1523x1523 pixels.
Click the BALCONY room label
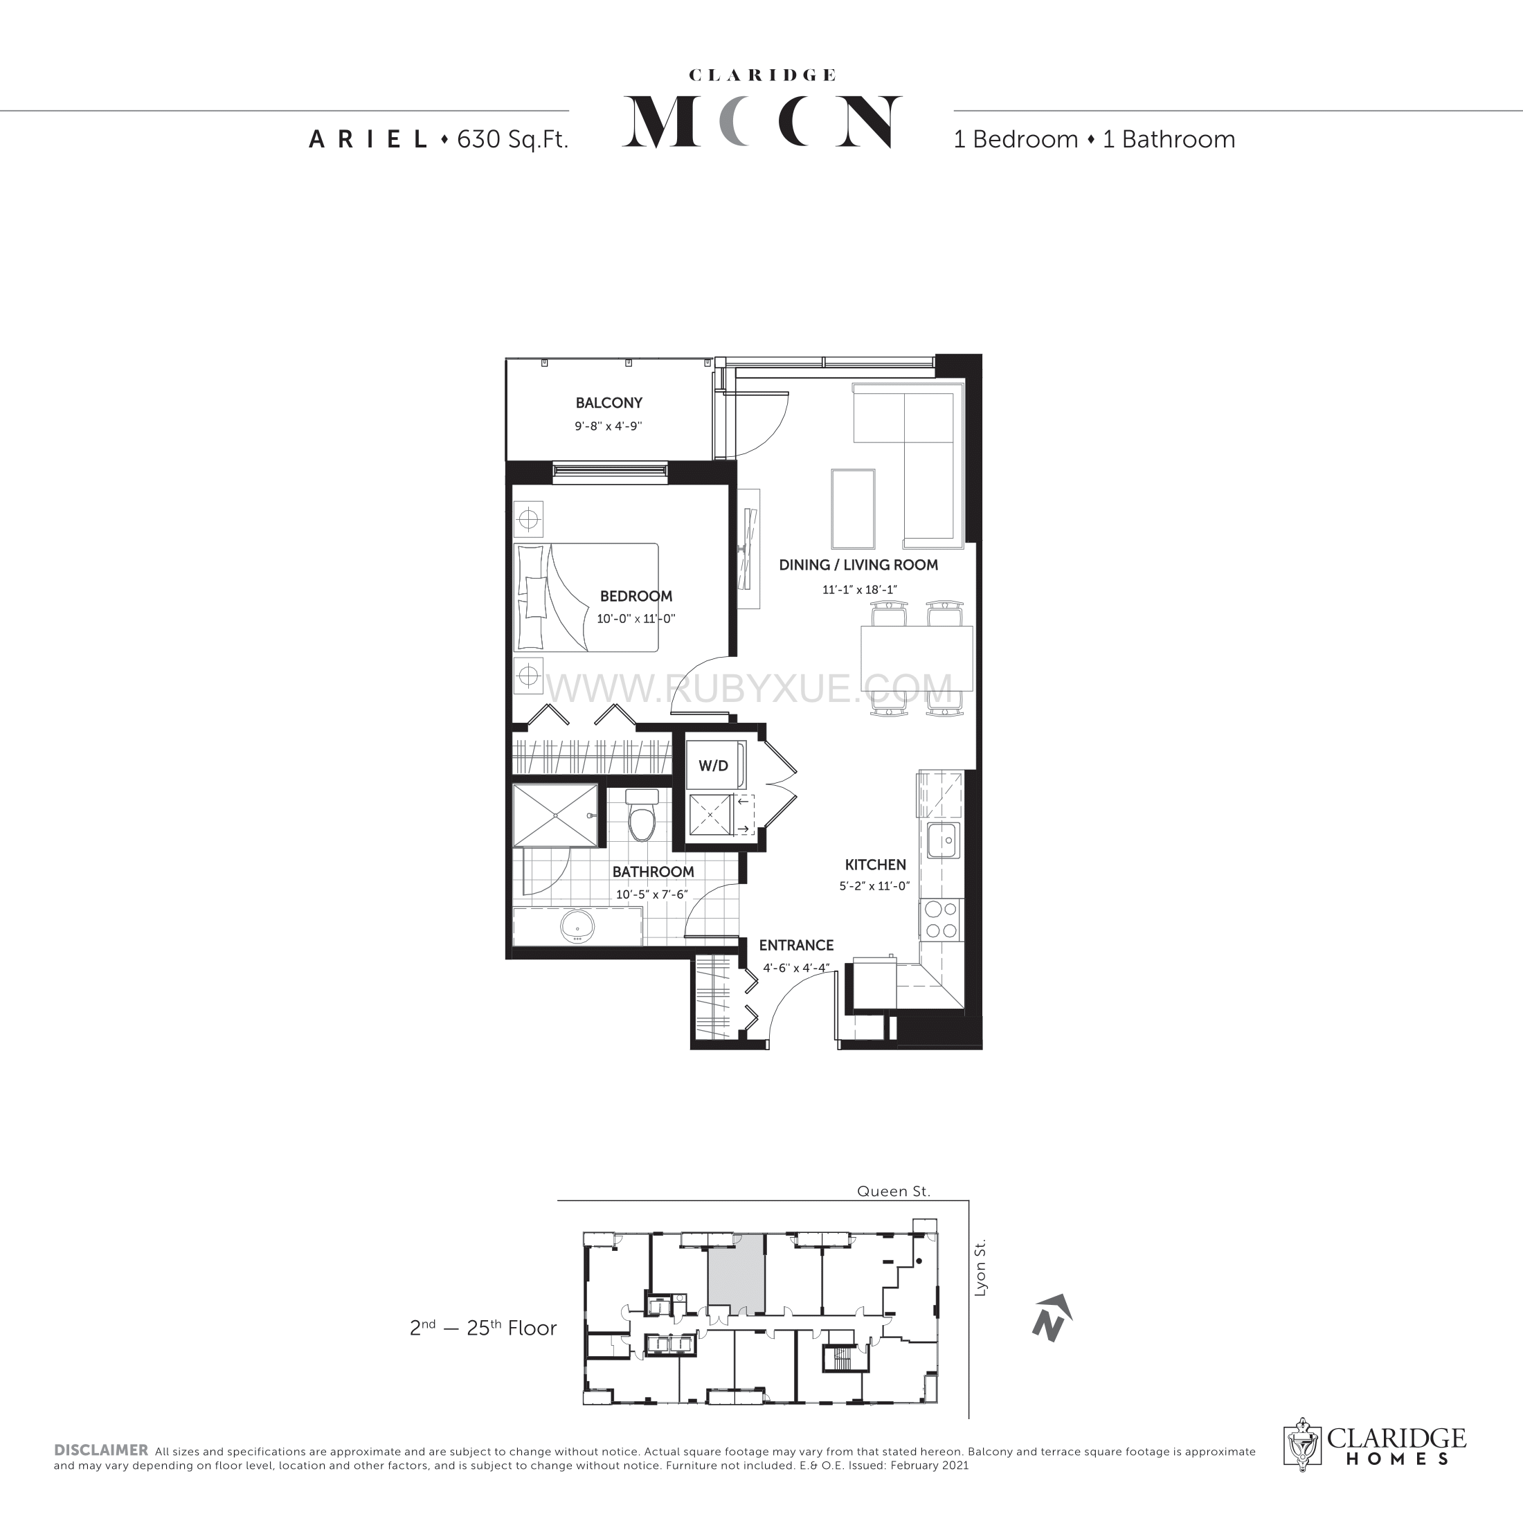point(609,403)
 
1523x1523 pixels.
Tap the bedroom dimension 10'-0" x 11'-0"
point(636,619)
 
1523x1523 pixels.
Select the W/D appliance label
point(714,766)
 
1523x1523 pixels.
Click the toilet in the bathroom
point(642,815)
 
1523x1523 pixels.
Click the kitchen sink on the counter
point(943,841)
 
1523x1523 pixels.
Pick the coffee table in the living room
point(853,508)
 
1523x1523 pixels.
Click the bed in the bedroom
point(586,597)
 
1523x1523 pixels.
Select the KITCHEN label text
point(875,865)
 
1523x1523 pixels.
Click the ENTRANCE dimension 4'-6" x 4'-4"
point(796,968)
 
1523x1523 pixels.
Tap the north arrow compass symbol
point(1052,1317)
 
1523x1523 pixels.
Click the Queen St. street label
point(894,1191)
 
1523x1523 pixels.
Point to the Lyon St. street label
point(980,1268)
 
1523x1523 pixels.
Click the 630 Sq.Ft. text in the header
point(512,140)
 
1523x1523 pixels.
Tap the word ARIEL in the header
point(368,140)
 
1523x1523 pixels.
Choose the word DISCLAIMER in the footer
point(101,1450)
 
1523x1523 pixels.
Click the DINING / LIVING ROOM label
point(858,565)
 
